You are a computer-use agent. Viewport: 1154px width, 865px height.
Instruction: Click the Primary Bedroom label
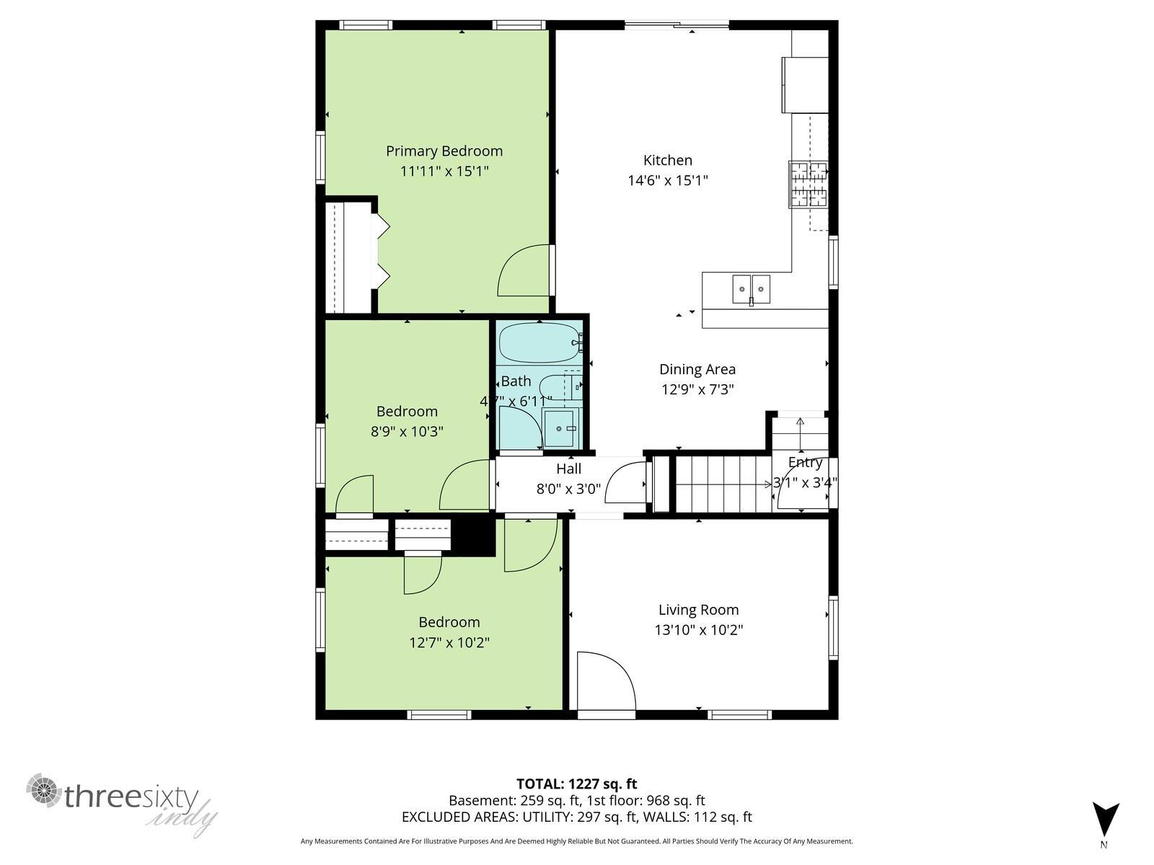444,151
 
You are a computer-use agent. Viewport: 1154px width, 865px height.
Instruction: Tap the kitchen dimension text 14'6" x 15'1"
668,180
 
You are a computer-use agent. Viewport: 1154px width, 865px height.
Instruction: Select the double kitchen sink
751,289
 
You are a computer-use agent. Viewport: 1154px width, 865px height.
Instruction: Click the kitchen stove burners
808,185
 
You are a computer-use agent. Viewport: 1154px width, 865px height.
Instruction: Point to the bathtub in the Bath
539,343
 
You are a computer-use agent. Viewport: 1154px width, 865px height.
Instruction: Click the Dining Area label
697,369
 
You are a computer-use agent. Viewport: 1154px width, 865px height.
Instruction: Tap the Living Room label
698,610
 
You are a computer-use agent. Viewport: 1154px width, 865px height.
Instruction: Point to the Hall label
568,469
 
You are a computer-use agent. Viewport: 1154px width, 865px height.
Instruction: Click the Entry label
805,462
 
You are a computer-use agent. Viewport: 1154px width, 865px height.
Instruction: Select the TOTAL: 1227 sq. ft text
576,784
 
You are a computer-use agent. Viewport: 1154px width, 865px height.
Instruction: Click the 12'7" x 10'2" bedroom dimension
449,642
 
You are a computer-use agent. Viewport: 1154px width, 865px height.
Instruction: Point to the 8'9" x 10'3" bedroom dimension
407,431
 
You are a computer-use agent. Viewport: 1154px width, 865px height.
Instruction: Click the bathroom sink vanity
561,428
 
